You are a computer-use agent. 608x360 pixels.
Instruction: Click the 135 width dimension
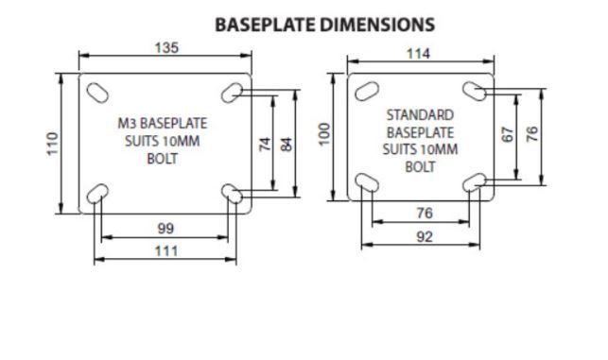[x=166, y=47]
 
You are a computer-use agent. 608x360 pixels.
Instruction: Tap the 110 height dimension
[x=52, y=144]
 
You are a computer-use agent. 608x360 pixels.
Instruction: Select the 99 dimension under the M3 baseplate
[x=165, y=229]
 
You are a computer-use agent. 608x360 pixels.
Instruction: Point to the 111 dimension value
[x=166, y=251]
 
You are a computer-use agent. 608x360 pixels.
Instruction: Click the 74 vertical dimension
[x=265, y=145]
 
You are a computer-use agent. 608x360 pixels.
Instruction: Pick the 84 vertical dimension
[x=287, y=145]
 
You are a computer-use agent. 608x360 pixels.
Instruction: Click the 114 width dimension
[x=418, y=54]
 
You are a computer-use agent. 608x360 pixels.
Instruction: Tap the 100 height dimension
[x=325, y=134]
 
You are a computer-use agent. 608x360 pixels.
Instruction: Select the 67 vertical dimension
[x=508, y=134]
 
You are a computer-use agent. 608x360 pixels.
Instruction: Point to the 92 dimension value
[x=425, y=237]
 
